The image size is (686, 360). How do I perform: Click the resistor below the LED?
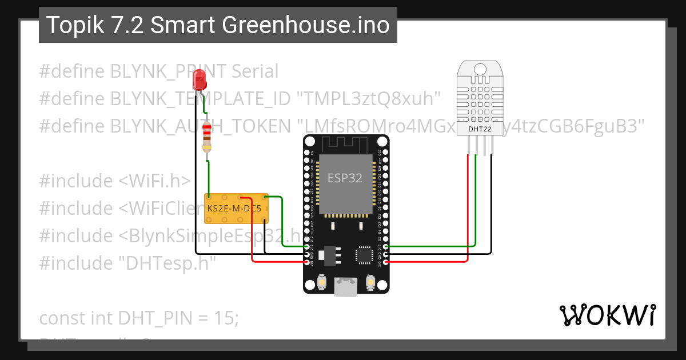[x=207, y=139]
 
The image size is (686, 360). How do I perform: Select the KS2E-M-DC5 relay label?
[x=234, y=209]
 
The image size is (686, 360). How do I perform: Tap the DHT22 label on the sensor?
[x=480, y=129]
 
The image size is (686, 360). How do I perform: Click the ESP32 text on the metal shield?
[x=345, y=178]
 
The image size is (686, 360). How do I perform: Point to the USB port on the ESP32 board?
[x=346, y=286]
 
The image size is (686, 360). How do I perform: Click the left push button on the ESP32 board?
[x=321, y=283]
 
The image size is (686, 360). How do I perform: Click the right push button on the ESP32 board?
[x=370, y=283]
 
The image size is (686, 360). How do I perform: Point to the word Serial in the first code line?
[x=255, y=71]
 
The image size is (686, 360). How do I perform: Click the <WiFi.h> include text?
[x=154, y=181]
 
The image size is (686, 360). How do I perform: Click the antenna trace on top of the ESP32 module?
[x=345, y=144]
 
